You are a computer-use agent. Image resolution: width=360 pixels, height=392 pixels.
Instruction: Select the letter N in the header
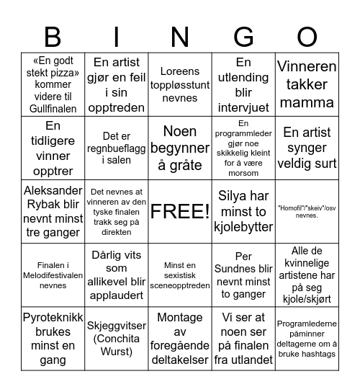click(x=180, y=36)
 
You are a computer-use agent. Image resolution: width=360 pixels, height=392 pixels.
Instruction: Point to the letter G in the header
click(x=243, y=36)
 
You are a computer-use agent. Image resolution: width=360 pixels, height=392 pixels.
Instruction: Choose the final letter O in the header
click(x=307, y=36)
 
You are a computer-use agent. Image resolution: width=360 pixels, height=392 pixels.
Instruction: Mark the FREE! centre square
click(x=180, y=211)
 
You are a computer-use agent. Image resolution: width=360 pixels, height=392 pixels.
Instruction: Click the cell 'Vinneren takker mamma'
click(x=307, y=84)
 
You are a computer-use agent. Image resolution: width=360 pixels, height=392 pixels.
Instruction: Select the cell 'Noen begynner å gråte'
click(x=180, y=148)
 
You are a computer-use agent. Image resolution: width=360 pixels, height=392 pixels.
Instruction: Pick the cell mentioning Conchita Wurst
click(x=117, y=338)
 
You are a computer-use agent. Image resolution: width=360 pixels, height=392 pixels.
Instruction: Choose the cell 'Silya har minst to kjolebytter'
click(x=243, y=211)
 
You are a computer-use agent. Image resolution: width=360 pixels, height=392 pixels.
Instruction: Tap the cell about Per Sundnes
click(x=243, y=275)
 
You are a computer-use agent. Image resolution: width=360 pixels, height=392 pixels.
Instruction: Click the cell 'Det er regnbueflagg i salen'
click(x=117, y=148)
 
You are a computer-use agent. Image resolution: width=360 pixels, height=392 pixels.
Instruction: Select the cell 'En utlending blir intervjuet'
click(x=243, y=84)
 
